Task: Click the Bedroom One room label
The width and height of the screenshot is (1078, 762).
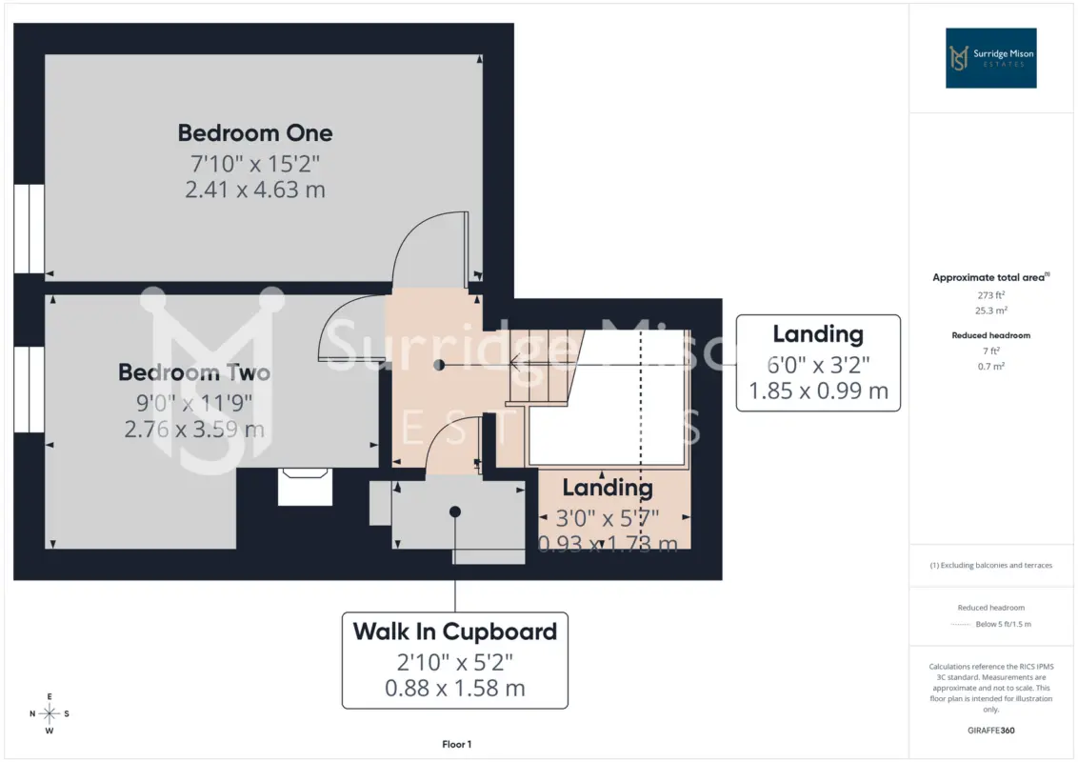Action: pyautogui.click(x=255, y=132)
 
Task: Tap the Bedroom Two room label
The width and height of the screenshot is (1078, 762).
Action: pyautogui.click(x=194, y=372)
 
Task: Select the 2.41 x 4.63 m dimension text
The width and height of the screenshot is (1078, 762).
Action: pyautogui.click(x=255, y=190)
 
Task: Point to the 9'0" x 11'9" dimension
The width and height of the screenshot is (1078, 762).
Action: pyautogui.click(x=194, y=402)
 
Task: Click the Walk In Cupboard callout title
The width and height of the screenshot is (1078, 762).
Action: pyautogui.click(x=455, y=632)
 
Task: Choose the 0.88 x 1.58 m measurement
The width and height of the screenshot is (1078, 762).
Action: pyautogui.click(x=455, y=688)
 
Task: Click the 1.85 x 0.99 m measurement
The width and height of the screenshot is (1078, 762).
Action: pyautogui.click(x=818, y=391)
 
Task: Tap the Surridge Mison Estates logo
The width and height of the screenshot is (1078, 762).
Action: pyautogui.click(x=990, y=58)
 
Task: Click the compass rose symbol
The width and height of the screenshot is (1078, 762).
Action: pyautogui.click(x=50, y=713)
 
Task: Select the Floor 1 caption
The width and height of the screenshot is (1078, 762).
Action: pyautogui.click(x=456, y=744)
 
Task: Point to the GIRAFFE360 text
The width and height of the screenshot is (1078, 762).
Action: pyautogui.click(x=990, y=731)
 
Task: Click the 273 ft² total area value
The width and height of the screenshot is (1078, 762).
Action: pyautogui.click(x=990, y=295)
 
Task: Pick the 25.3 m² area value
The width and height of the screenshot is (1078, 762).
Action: pyautogui.click(x=990, y=311)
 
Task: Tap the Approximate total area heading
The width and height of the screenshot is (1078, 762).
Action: pyautogui.click(x=990, y=277)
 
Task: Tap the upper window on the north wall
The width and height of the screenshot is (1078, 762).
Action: pyautogui.click(x=29, y=229)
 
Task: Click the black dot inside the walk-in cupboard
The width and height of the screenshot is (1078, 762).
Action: pyautogui.click(x=455, y=511)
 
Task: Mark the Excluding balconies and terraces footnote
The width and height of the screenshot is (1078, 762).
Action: pyautogui.click(x=990, y=566)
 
